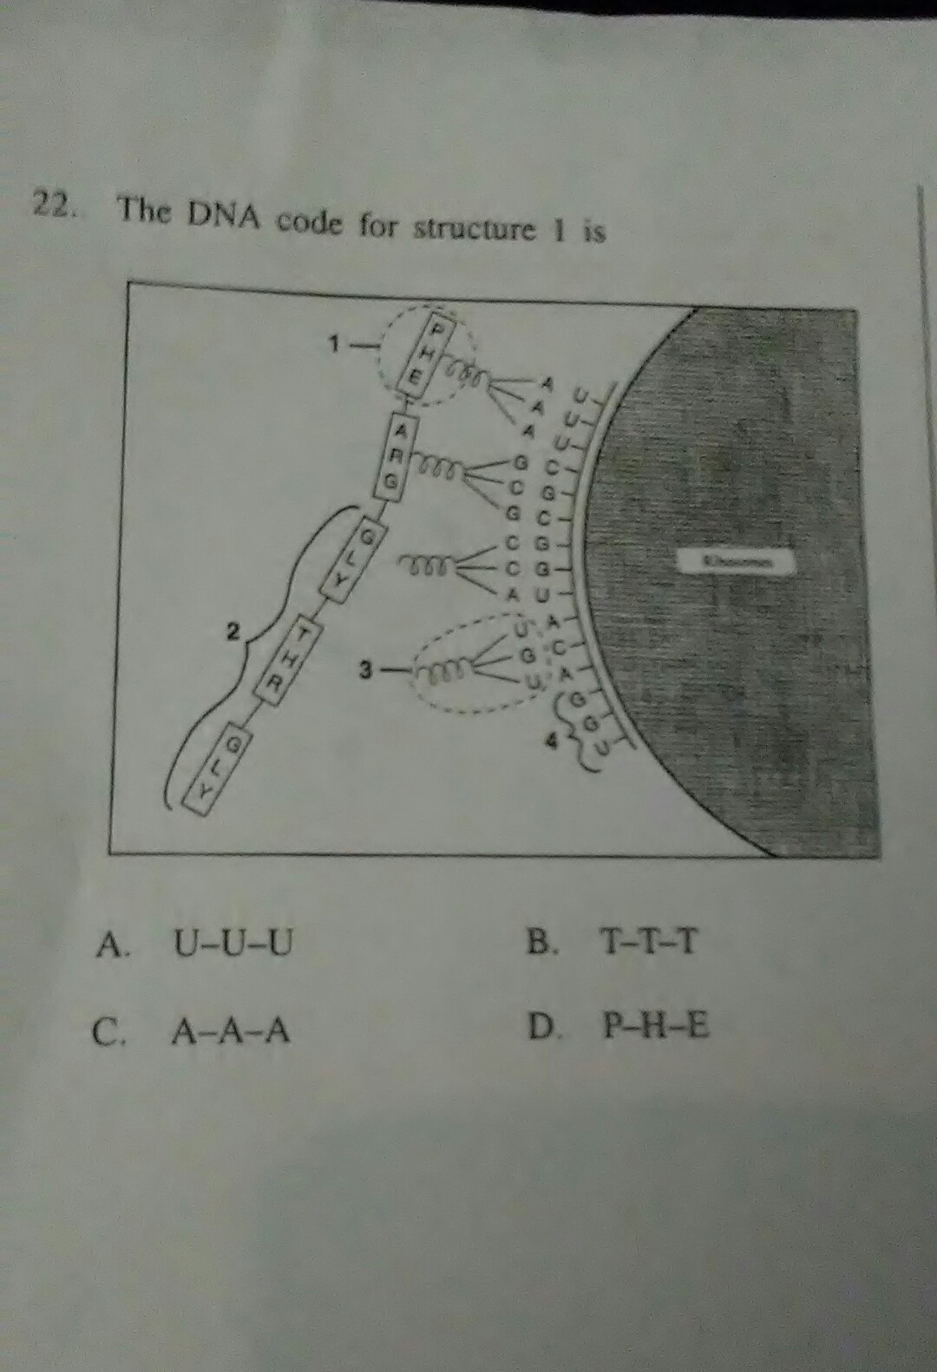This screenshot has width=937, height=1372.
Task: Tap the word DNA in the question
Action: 220,216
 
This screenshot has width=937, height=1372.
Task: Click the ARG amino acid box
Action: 398,457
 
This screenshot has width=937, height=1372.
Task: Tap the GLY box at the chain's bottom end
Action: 218,765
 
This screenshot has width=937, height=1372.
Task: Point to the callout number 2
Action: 232,631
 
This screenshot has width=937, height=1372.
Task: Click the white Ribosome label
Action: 735,562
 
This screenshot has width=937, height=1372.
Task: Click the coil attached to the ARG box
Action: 442,468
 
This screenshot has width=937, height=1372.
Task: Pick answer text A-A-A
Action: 230,1031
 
